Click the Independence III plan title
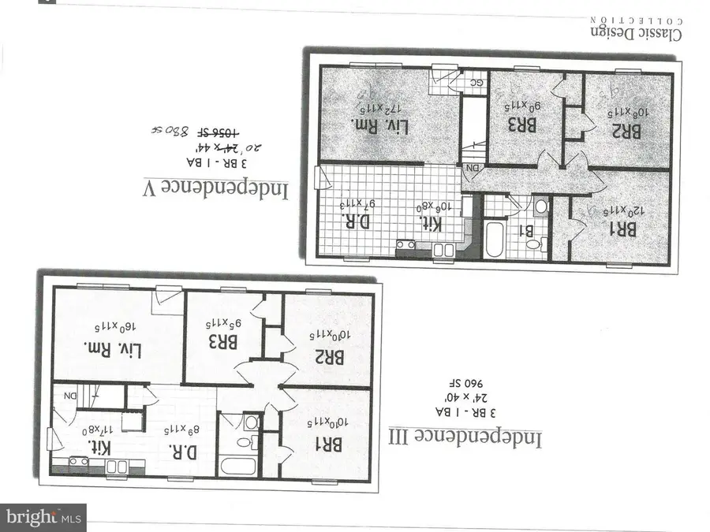tap(465, 436)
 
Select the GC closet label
tap(476, 82)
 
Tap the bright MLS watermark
tap(43, 518)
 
